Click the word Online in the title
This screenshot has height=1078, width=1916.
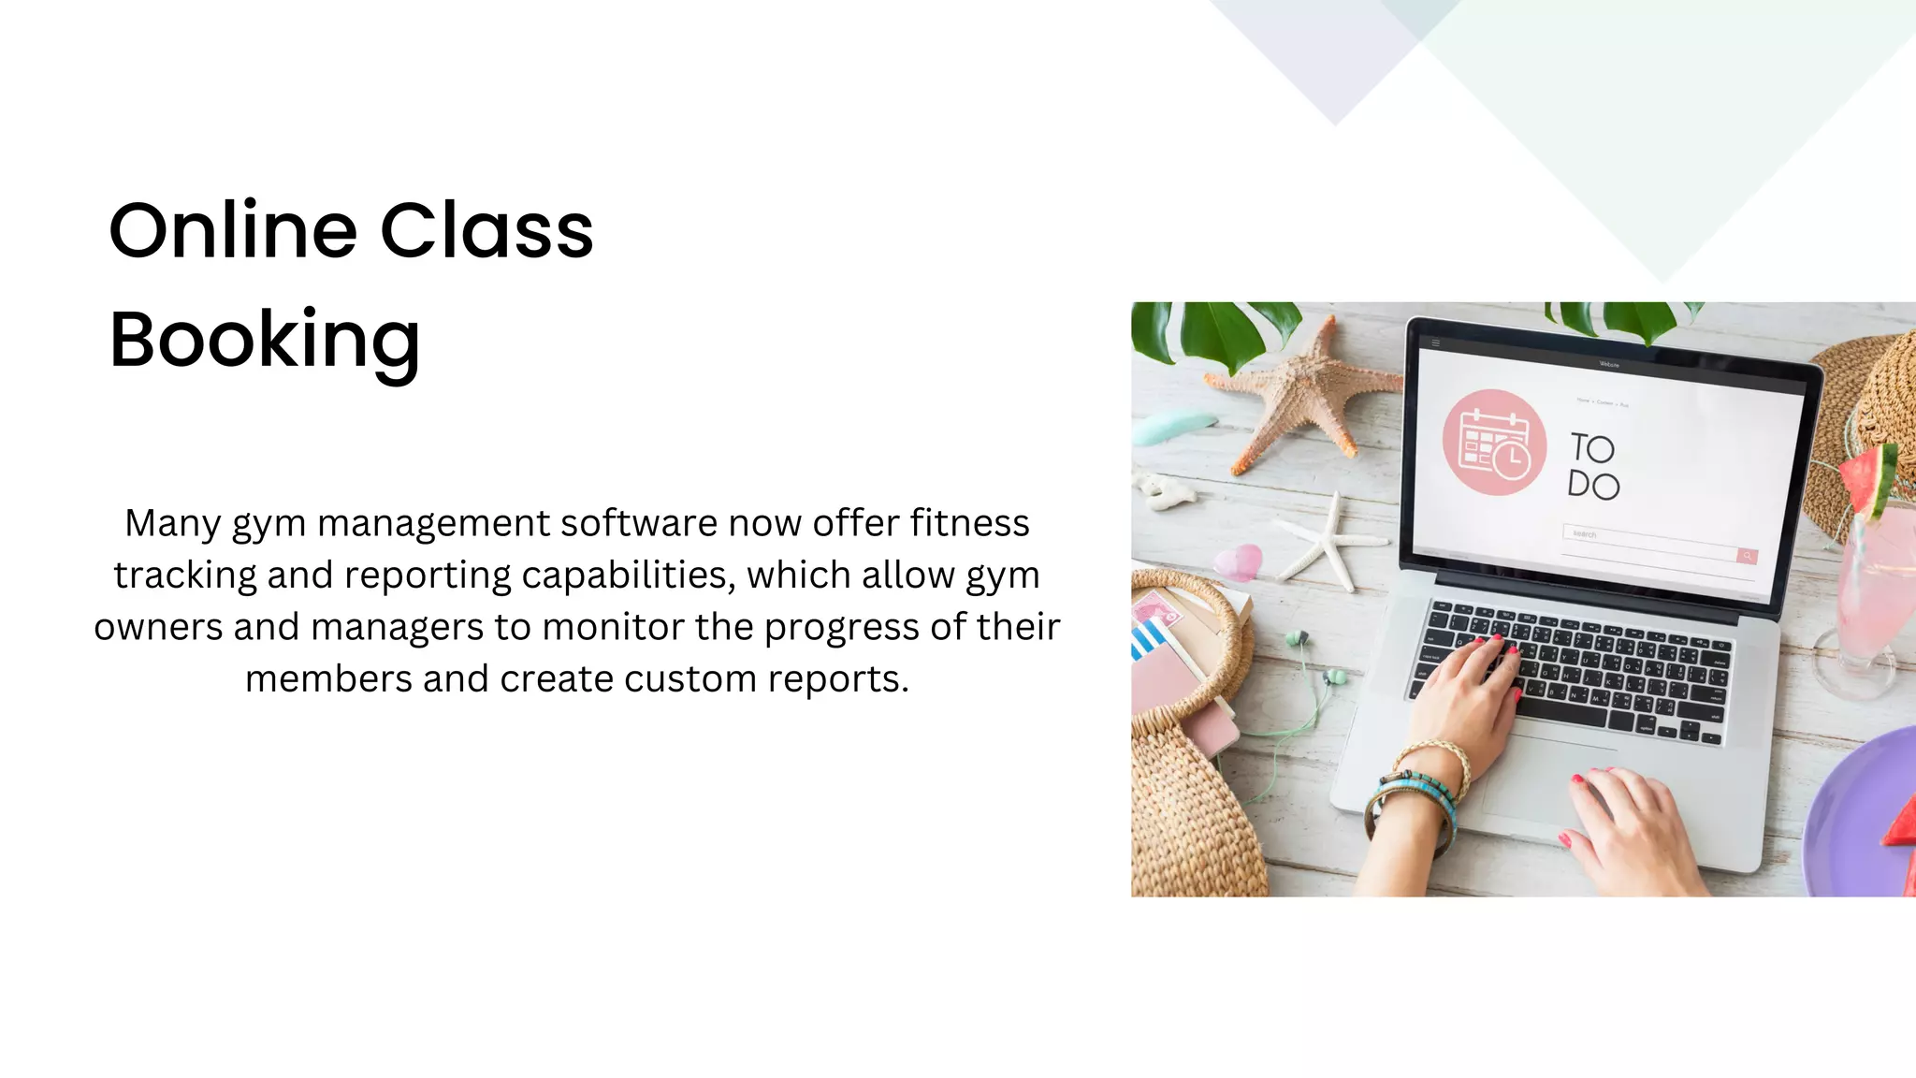point(233,230)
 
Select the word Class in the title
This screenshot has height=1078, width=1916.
point(486,230)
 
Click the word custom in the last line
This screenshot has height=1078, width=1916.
point(689,678)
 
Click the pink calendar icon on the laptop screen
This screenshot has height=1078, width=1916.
point(1494,443)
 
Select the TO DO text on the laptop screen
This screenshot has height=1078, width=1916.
point(1593,466)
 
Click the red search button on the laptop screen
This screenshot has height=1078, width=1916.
point(1747,556)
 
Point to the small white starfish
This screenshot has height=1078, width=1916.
point(1328,543)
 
